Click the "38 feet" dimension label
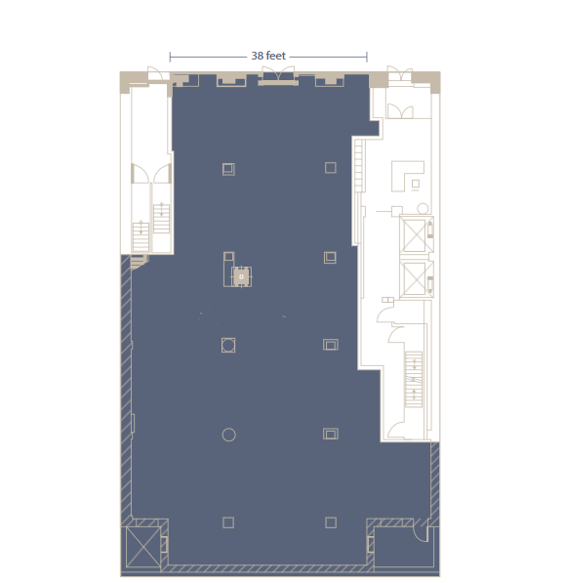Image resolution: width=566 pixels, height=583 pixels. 268,56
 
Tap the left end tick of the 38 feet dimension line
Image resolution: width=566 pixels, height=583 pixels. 170,57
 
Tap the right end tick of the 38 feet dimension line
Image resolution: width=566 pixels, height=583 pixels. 367,57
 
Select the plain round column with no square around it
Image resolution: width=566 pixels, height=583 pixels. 228,435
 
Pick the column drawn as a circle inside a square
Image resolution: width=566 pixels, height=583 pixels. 228,345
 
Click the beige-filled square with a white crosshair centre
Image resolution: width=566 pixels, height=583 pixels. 242,276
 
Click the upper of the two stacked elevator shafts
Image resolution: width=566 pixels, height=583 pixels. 414,235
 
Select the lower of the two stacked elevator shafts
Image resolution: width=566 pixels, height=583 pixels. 414,278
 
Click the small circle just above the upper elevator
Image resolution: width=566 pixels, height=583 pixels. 423,209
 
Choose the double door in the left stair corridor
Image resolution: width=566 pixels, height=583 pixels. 151,174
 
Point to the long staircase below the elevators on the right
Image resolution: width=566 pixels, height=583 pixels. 413,379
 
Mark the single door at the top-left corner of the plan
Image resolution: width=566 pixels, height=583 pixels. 155,73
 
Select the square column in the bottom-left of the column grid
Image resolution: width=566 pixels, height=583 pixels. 228,522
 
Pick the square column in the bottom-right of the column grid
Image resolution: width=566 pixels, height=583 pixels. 331,522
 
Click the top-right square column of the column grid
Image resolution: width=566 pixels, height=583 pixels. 331,168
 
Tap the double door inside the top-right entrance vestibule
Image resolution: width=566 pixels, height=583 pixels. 400,111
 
